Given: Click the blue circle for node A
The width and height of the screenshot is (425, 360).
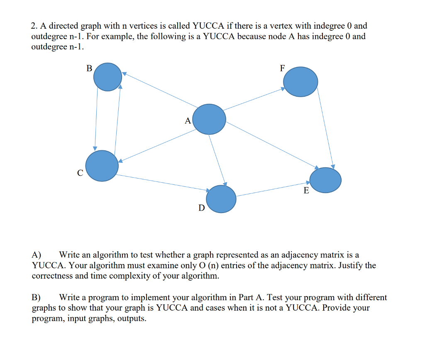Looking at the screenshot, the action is pos(210,119).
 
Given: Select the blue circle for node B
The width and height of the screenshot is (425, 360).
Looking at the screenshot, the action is pos(107,77).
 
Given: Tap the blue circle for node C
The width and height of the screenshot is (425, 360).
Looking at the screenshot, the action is pos(102,166).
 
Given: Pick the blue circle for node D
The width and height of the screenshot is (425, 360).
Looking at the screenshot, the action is pos(221,199).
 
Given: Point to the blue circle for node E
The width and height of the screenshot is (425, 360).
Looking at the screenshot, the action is pos(326,180).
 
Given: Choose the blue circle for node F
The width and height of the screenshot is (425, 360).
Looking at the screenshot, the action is pos(300,81).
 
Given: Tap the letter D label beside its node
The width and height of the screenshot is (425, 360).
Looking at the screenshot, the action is pos(201,208).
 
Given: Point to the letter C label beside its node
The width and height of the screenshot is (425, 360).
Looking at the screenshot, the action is pos(80,172).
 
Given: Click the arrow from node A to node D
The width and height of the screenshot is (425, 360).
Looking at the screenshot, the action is pos(217,159).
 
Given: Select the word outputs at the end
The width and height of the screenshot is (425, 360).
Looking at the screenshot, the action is pos(132,319).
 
